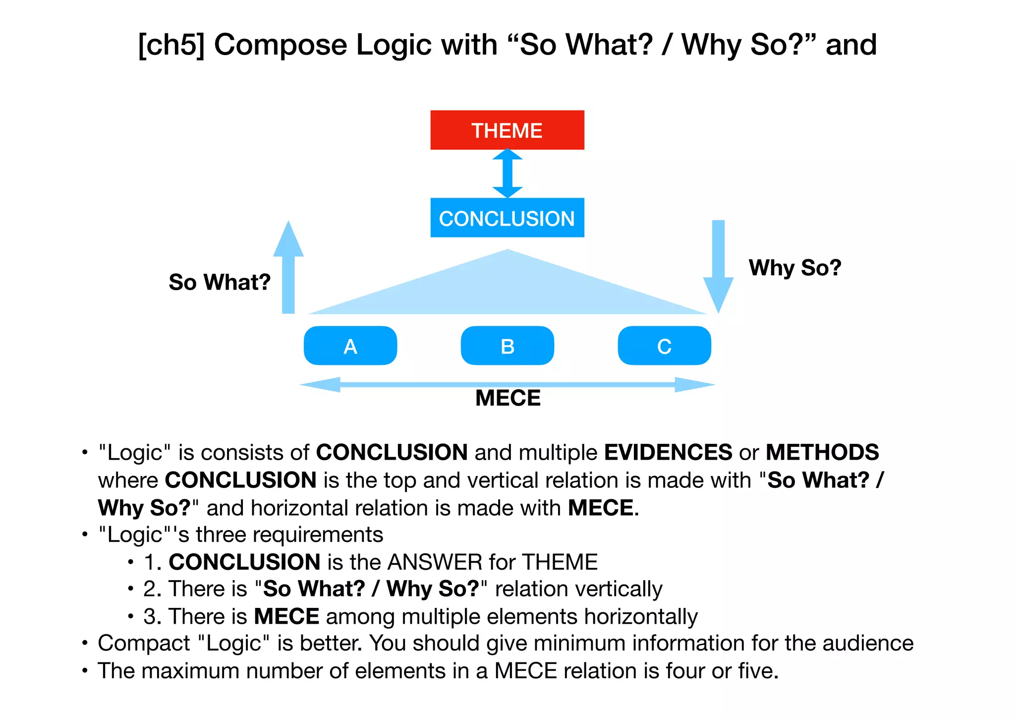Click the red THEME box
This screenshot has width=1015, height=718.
point(507,130)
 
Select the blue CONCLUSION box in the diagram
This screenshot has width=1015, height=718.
point(507,218)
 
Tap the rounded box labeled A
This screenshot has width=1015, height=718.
point(350,346)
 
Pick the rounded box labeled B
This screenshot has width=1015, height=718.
point(507,346)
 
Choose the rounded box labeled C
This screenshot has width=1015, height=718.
point(664,346)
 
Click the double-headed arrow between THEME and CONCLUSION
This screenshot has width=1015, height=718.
point(507,174)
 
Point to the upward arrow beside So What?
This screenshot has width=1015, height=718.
point(288,268)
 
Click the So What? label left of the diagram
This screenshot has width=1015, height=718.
point(220,282)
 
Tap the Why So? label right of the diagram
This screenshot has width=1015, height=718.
point(795,268)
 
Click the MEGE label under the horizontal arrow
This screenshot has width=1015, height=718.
point(508,398)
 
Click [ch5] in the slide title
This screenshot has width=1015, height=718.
point(171,45)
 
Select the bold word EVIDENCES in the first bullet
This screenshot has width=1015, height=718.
point(668,452)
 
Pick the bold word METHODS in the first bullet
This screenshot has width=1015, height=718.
point(822,452)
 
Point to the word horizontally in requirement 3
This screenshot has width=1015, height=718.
point(641,617)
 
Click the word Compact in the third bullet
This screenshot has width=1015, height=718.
point(144,644)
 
